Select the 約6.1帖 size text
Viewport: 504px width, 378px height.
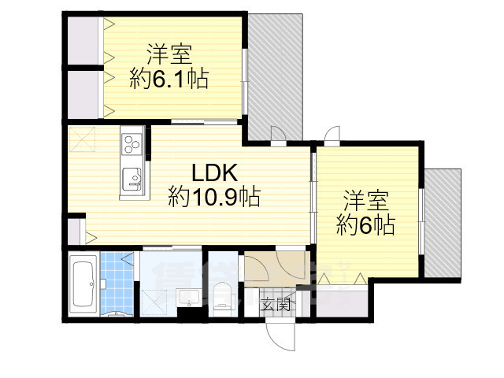click(169, 80)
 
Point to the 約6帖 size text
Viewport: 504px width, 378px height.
click(365, 225)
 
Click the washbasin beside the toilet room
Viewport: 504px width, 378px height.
click(188, 298)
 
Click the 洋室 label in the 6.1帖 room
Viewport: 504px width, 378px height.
click(169, 54)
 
